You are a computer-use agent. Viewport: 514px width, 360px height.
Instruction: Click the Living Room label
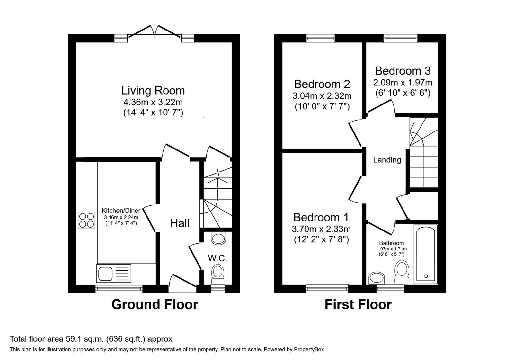[153, 90]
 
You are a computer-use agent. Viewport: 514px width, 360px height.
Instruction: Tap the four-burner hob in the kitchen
[86, 220]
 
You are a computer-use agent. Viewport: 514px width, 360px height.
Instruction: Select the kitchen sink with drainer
[114, 273]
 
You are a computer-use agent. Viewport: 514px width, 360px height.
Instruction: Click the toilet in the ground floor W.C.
[217, 274]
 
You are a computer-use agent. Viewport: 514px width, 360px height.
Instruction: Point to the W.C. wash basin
[218, 238]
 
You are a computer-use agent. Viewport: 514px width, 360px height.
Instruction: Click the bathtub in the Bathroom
[426, 254]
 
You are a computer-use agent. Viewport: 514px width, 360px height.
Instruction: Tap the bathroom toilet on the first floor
[402, 272]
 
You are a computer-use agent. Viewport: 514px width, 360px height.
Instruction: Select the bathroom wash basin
[377, 278]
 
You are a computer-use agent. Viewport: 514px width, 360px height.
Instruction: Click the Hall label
[180, 223]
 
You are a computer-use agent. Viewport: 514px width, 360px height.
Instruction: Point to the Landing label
[387, 160]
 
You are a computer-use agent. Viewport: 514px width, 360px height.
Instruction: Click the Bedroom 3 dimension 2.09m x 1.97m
[403, 82]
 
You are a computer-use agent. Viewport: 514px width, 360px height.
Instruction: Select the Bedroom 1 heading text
[321, 217]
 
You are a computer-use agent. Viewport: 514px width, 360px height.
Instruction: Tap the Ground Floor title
[155, 304]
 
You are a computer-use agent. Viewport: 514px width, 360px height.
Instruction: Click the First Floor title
[358, 304]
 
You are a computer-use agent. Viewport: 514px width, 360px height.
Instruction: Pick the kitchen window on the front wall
[119, 289]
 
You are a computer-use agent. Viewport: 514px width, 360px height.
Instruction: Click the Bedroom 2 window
[321, 38]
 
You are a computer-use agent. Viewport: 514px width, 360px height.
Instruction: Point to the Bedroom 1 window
[327, 289]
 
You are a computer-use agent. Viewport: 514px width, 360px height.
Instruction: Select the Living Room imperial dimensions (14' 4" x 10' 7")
[153, 113]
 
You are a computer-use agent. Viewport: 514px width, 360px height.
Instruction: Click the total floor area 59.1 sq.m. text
[91, 339]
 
